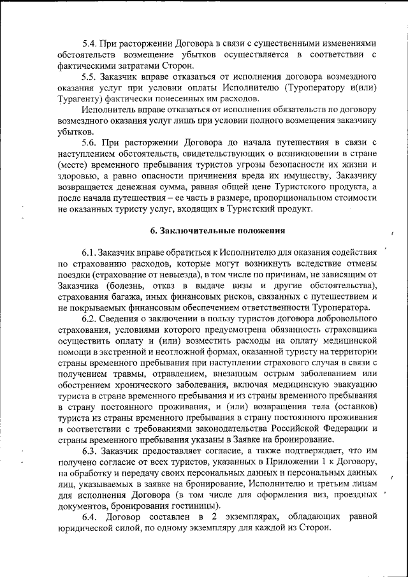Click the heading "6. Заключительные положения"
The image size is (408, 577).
click(x=203, y=230)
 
